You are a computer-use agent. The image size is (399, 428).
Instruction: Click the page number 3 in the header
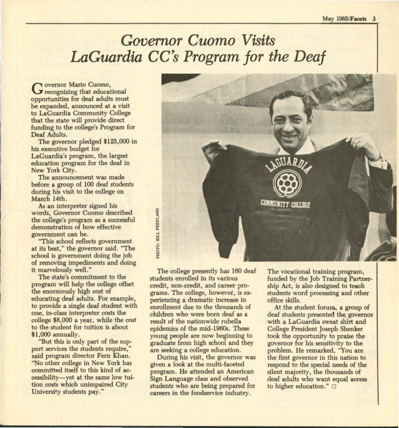374,19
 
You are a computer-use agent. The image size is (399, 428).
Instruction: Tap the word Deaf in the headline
308,57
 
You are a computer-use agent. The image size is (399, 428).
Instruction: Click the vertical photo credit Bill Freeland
158,230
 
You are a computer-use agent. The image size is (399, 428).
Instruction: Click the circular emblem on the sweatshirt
286,182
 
